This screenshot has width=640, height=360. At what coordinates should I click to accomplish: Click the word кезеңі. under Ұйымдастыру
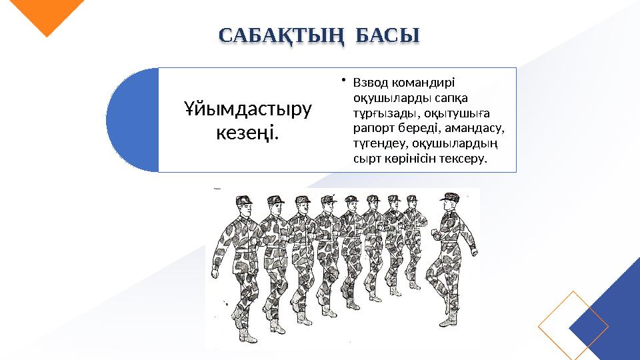[x=247, y=133]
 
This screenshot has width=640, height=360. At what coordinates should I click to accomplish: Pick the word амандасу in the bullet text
[x=479, y=125]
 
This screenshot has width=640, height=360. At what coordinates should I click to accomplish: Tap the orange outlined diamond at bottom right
[x=573, y=326]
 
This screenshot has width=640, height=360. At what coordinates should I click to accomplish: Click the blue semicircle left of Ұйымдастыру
[x=133, y=120]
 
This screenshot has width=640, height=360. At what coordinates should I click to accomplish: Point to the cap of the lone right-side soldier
[x=450, y=197]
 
